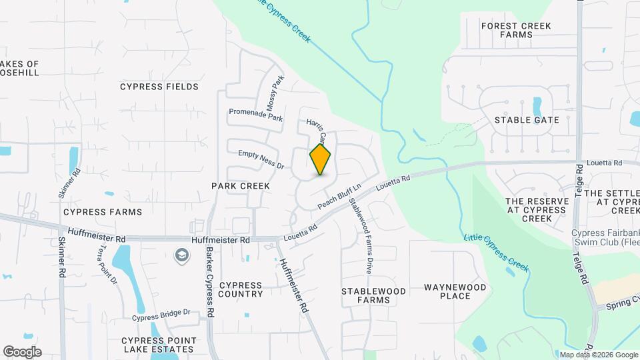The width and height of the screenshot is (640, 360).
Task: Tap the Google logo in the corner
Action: pos(22,351)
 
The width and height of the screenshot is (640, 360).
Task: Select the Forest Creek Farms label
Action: pos(517,30)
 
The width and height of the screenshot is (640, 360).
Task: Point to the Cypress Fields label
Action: pos(159,87)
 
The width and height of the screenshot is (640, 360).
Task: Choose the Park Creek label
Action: pos(241,185)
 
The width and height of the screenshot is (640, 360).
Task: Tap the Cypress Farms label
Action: pos(103,212)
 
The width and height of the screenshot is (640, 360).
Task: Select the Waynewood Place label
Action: pos(456,291)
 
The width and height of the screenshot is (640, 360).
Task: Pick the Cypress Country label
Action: pos(241,289)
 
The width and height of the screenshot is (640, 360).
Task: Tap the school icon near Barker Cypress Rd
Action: pos(181,255)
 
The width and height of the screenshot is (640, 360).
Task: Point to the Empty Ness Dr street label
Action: pos(261,159)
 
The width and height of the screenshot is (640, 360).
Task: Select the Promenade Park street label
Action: pos(255,115)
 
